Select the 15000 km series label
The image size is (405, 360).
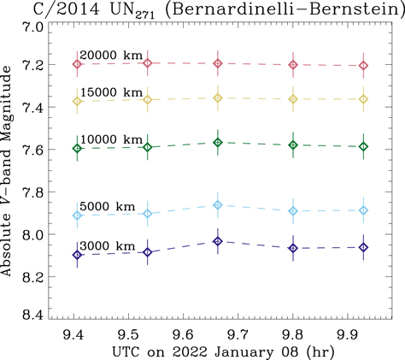coord(111,92)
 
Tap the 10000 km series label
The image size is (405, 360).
coord(111,139)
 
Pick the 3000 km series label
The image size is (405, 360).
coord(107,246)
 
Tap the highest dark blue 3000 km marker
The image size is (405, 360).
coord(218,241)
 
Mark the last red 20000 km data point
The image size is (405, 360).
coord(364,66)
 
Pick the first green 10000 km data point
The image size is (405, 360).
coord(78,148)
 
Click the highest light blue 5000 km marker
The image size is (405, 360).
coord(218,204)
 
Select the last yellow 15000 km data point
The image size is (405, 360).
coord(364,99)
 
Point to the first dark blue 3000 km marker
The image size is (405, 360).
coord(78,255)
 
